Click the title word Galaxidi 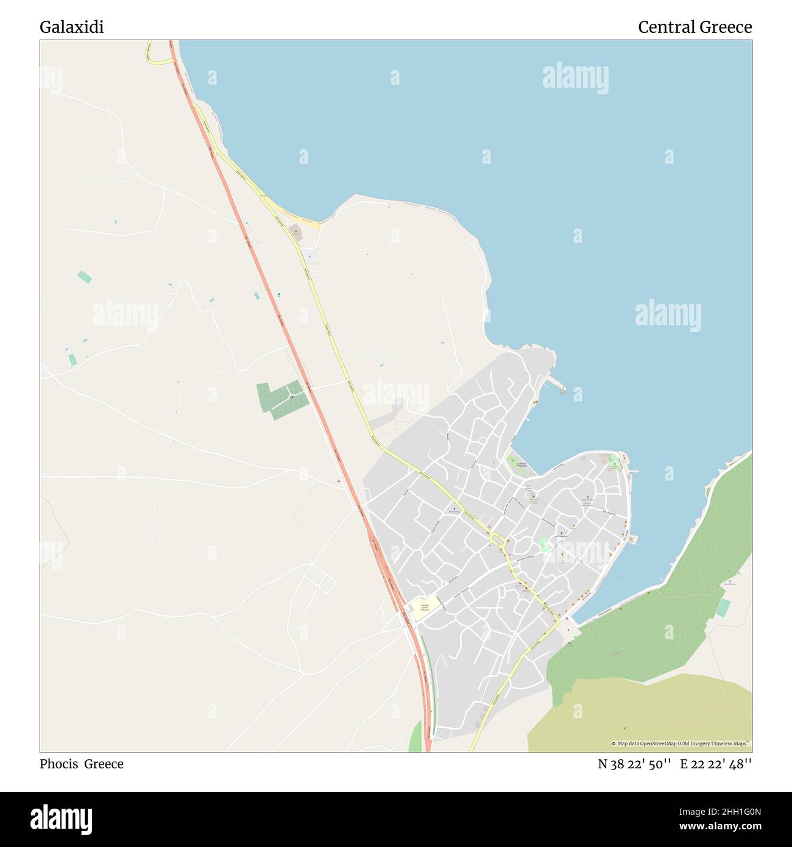pos(71,27)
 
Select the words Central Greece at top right pos(695,27)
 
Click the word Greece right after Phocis pos(104,764)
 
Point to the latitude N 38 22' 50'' pos(634,764)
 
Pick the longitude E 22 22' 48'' pos(716,764)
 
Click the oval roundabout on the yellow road pos(497,539)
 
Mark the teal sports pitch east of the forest pos(723,608)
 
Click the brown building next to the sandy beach pos(295,231)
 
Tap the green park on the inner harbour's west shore pos(517,466)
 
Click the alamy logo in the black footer pos(61,818)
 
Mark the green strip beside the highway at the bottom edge pos(416,737)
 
